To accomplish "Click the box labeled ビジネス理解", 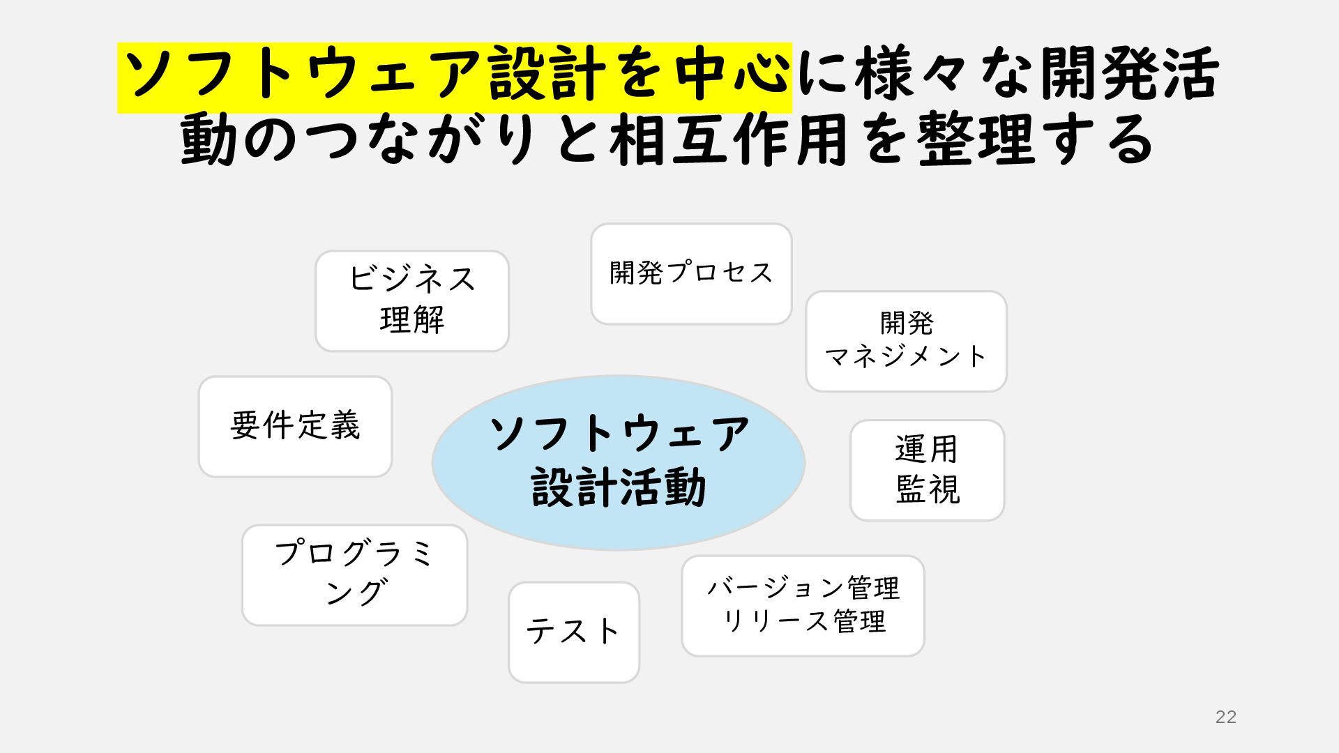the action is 411,301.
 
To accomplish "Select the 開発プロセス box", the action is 691,273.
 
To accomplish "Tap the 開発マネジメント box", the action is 906,341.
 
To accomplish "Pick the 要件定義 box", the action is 295,426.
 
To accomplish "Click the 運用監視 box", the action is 927,470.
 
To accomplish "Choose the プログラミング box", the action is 354,575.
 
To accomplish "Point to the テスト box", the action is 573,632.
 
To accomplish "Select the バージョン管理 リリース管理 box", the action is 803,605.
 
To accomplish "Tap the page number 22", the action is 1225,717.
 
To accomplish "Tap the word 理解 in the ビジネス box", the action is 412,321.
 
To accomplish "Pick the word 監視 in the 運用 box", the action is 928,489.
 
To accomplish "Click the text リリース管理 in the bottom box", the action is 803,621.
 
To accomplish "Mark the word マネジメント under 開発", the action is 906,357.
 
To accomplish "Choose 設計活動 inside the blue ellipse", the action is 619,487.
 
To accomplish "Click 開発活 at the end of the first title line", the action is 1130,75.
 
